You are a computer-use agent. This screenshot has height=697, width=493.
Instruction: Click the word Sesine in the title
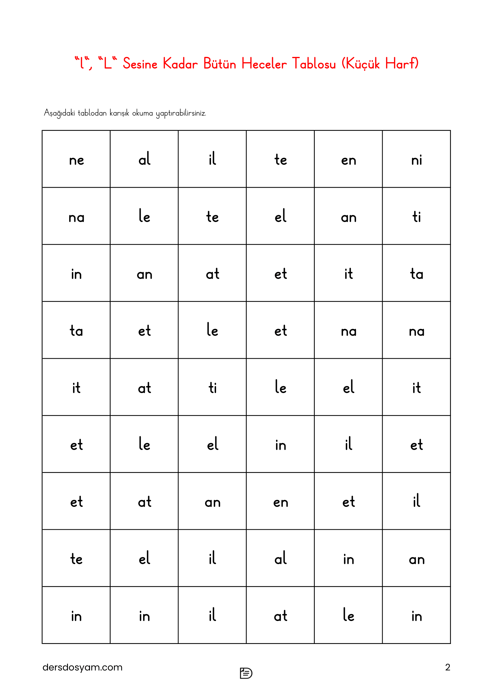(x=140, y=64)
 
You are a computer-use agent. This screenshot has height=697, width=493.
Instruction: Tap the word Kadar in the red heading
(x=180, y=64)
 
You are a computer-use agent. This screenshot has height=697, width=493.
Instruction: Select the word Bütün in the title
(x=219, y=64)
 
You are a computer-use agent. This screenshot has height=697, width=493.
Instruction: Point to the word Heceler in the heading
(x=264, y=64)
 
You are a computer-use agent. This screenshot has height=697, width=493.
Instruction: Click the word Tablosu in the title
(x=314, y=64)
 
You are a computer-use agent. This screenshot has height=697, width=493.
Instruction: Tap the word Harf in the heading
(x=399, y=64)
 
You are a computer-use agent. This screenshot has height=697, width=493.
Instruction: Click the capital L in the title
(x=108, y=64)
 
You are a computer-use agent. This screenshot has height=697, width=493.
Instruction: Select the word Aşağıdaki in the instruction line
(x=59, y=113)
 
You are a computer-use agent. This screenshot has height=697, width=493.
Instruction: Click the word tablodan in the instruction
(x=92, y=113)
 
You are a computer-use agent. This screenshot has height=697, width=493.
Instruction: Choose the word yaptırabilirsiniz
(x=181, y=113)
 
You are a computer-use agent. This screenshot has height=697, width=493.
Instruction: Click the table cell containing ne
(x=76, y=159)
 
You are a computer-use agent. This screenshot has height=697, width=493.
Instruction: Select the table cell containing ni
(x=416, y=159)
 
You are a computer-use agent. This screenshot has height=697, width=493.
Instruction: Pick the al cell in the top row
(x=144, y=159)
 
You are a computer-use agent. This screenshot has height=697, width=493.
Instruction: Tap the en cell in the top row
(x=348, y=159)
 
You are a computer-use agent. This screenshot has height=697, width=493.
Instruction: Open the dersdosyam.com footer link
(x=82, y=667)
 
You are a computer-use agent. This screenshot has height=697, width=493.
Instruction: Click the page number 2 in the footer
(x=447, y=667)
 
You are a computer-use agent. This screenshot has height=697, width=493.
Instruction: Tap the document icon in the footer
(x=246, y=673)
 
